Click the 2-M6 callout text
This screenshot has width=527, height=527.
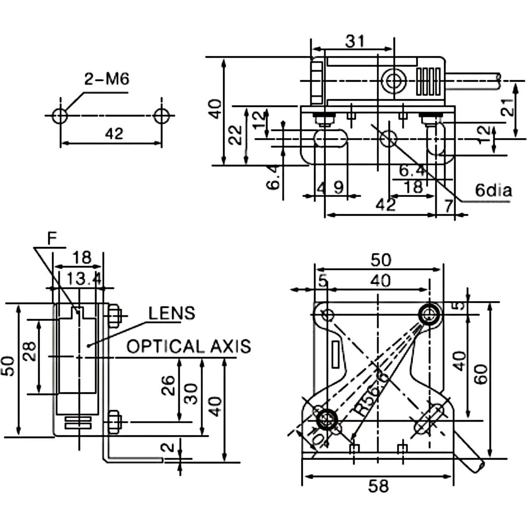pyautogui.click(x=107, y=79)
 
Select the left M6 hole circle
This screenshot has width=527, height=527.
pyautogui.click(x=60, y=116)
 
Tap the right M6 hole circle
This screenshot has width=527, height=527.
pyautogui.click(x=161, y=116)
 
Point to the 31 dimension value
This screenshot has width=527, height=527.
pyautogui.click(x=355, y=41)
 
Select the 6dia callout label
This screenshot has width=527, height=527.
pyautogui.click(x=493, y=190)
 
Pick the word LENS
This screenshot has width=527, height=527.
pyautogui.click(x=172, y=313)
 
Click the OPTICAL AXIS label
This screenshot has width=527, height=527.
pyautogui.click(x=189, y=346)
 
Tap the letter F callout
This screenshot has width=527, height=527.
pyautogui.click(x=51, y=239)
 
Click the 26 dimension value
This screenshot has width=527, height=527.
pyautogui.click(x=169, y=386)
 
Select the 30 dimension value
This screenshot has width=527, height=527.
pyautogui.click(x=191, y=393)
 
